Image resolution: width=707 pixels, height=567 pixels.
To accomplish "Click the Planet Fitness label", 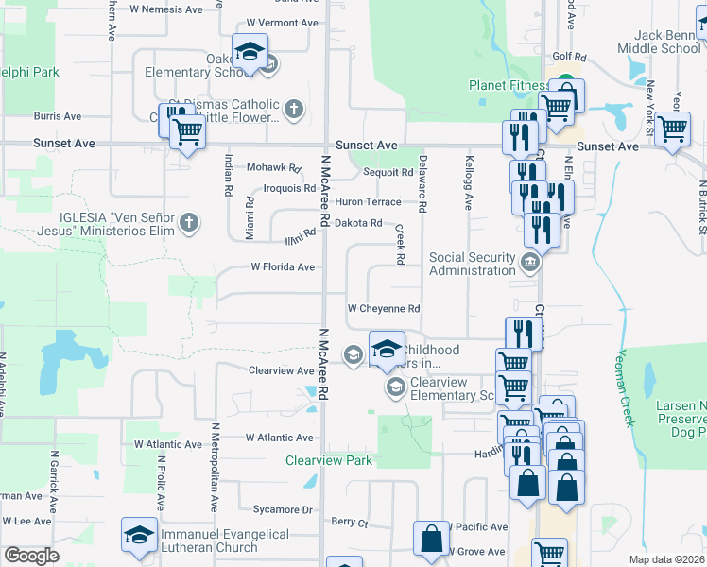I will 510,86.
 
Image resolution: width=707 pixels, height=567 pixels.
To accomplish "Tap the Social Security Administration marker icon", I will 529,262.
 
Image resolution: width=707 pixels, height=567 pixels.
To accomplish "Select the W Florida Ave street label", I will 283,267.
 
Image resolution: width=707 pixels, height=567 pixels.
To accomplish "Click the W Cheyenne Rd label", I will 383,309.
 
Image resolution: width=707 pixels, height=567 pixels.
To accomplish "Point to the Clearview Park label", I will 329,461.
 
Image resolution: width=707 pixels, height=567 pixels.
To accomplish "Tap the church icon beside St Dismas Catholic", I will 293,110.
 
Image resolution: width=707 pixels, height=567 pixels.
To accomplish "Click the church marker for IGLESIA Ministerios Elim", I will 189,223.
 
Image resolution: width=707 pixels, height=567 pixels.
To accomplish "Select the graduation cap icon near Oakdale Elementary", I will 250,52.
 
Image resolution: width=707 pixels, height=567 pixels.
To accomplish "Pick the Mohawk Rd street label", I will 273,167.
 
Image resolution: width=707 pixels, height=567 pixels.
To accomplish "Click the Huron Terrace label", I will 368,202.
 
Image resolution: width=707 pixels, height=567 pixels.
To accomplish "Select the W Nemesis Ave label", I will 166,9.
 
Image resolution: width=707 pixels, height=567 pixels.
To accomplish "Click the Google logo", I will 30,556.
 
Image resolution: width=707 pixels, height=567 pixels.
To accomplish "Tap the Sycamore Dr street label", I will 280,509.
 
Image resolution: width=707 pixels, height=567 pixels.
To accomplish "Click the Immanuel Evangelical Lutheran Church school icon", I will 139,536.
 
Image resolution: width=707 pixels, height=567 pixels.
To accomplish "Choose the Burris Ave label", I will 58,116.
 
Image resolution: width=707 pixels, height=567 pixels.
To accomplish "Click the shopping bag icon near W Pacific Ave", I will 431,540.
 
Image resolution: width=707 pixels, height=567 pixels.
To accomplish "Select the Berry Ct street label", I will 349,522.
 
